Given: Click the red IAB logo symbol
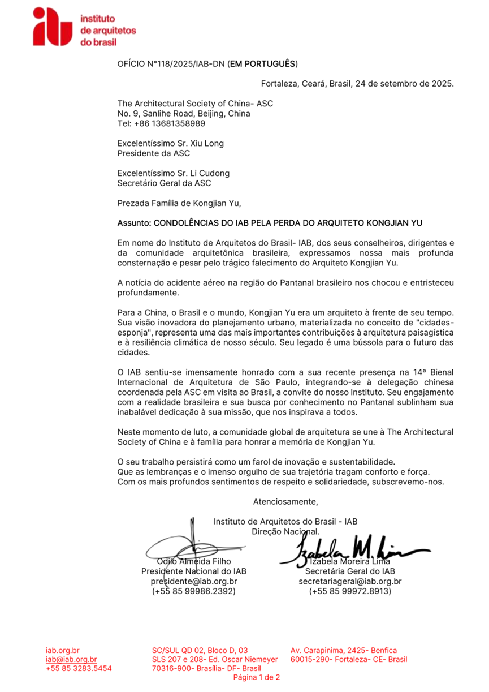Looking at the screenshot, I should point(53,27).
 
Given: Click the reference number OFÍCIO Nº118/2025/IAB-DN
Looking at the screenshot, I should point(171,64).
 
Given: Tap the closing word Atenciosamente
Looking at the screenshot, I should point(285,501).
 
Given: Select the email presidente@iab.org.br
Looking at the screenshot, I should point(193,581).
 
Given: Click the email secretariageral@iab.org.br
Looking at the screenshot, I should point(350,581).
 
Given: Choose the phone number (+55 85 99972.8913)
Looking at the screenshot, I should point(350,591).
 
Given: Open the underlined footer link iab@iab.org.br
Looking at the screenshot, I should point(71,659).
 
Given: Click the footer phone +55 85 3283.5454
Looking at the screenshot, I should point(79,668).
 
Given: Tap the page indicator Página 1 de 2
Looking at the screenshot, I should point(257,677).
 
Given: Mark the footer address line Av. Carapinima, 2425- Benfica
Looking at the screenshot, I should point(344,650).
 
